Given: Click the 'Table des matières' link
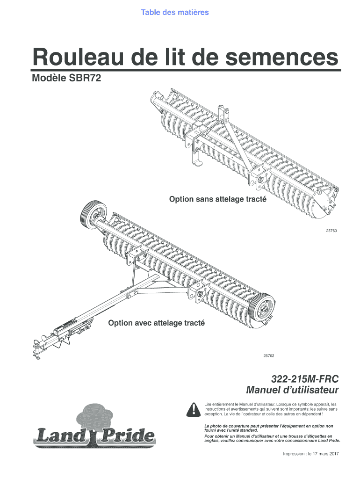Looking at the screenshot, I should (x=175, y=12).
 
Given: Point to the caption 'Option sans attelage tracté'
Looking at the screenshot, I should (x=218, y=199).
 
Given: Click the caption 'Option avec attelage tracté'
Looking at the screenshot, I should (x=157, y=323).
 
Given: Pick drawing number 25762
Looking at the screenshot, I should (x=268, y=356).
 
